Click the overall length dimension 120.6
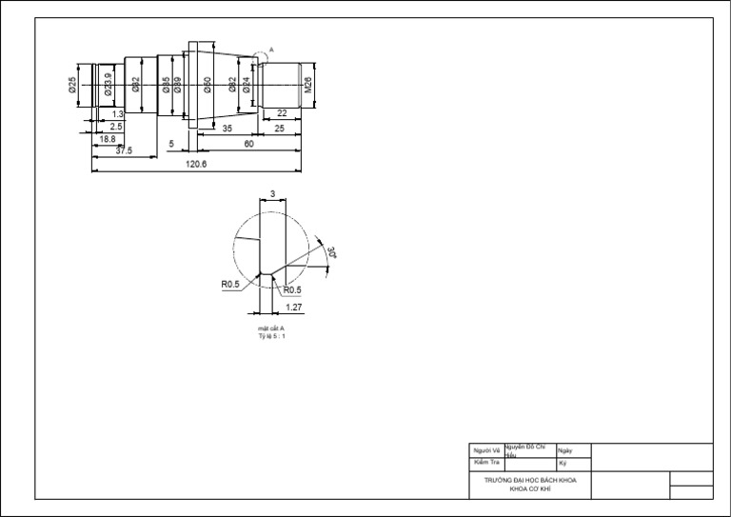[197, 164]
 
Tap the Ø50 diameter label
[207, 86]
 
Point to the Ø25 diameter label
[72, 86]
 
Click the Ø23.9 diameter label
[108, 86]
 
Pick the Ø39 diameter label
[178, 86]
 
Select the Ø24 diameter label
[247, 86]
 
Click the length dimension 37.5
[124, 150]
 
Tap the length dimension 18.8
[108, 138]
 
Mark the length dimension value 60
[248, 144]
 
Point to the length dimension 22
[282, 113]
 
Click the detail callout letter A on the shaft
[271, 50]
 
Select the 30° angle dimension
[332, 253]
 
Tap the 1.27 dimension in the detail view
[293, 308]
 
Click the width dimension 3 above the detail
[272, 193]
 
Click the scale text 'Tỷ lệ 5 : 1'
[271, 336]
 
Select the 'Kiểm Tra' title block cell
[486, 462]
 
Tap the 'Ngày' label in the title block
[565, 450]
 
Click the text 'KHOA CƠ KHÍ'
[530, 487]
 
